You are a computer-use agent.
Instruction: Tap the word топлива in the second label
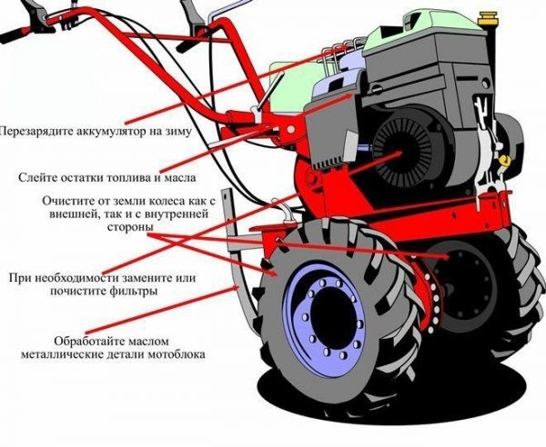click(x=126, y=177)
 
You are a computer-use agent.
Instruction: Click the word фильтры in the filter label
click(x=135, y=291)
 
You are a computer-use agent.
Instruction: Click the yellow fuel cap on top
click(x=487, y=18)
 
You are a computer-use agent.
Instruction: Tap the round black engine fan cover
click(x=402, y=152)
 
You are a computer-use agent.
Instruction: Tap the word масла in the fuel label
click(x=180, y=177)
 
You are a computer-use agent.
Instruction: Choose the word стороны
click(x=130, y=227)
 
